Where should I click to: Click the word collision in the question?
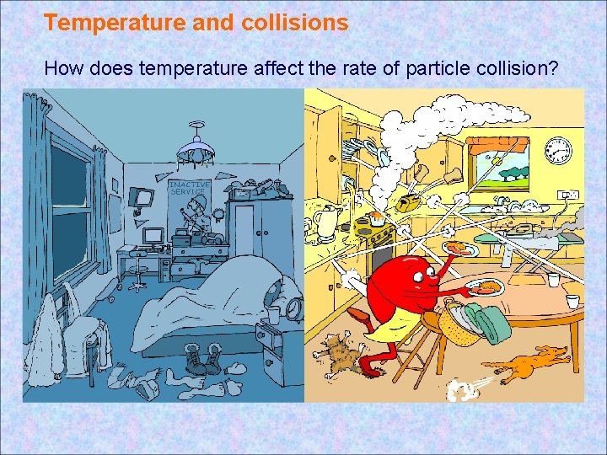513,68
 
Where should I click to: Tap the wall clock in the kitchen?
558,152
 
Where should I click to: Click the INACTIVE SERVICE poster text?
186,188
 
